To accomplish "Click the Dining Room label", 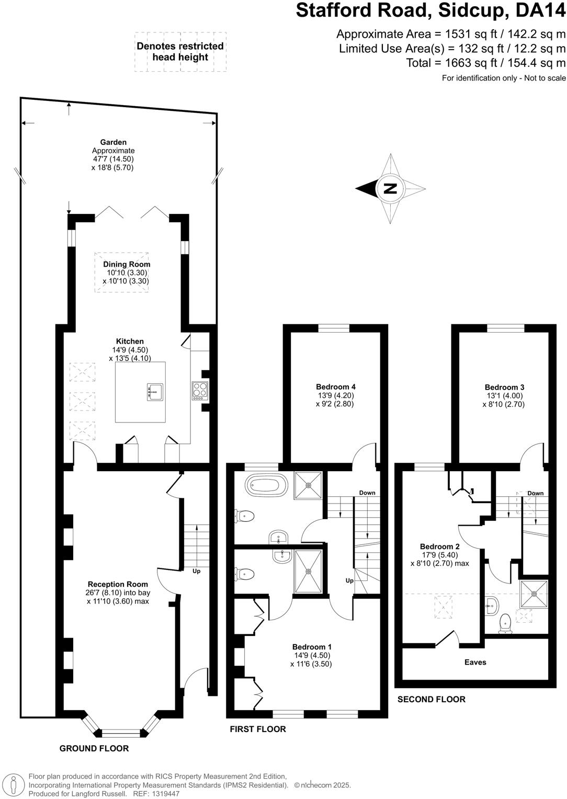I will (x=127, y=265).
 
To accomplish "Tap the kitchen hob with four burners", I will (x=200, y=391).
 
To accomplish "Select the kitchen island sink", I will (x=155, y=392).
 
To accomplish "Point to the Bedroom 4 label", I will (x=335, y=387).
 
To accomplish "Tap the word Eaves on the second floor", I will (x=475, y=662).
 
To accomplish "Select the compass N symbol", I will (x=390, y=188).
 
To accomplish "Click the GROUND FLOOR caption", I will (x=94, y=748).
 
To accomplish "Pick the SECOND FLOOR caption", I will (x=431, y=699).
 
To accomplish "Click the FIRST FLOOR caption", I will (x=258, y=729).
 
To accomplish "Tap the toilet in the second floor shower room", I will (x=505, y=623).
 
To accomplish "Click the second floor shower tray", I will (x=534, y=593).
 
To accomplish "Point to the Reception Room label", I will (x=118, y=584).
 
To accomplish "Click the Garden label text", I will (x=114, y=142).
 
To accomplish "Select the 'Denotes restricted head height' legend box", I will (x=180, y=51).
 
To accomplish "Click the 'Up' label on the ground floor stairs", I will (x=196, y=571).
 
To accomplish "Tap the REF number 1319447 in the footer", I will (x=164, y=793).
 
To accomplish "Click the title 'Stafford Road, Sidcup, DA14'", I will (x=430, y=11).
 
